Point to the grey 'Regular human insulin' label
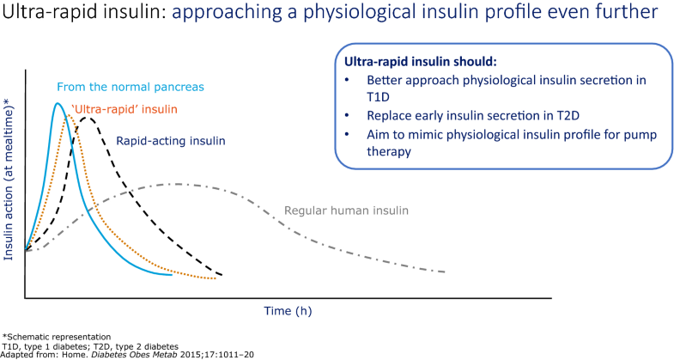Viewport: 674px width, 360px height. coord(346,211)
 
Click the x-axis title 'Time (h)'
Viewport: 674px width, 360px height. coord(287,311)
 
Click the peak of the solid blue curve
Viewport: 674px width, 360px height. coord(58,104)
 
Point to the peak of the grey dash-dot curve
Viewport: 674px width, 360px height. coord(176,184)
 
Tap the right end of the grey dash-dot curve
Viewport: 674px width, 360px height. coord(445,272)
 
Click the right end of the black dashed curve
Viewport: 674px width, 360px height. coord(222,275)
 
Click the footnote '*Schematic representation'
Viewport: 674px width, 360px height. coord(57,335)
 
